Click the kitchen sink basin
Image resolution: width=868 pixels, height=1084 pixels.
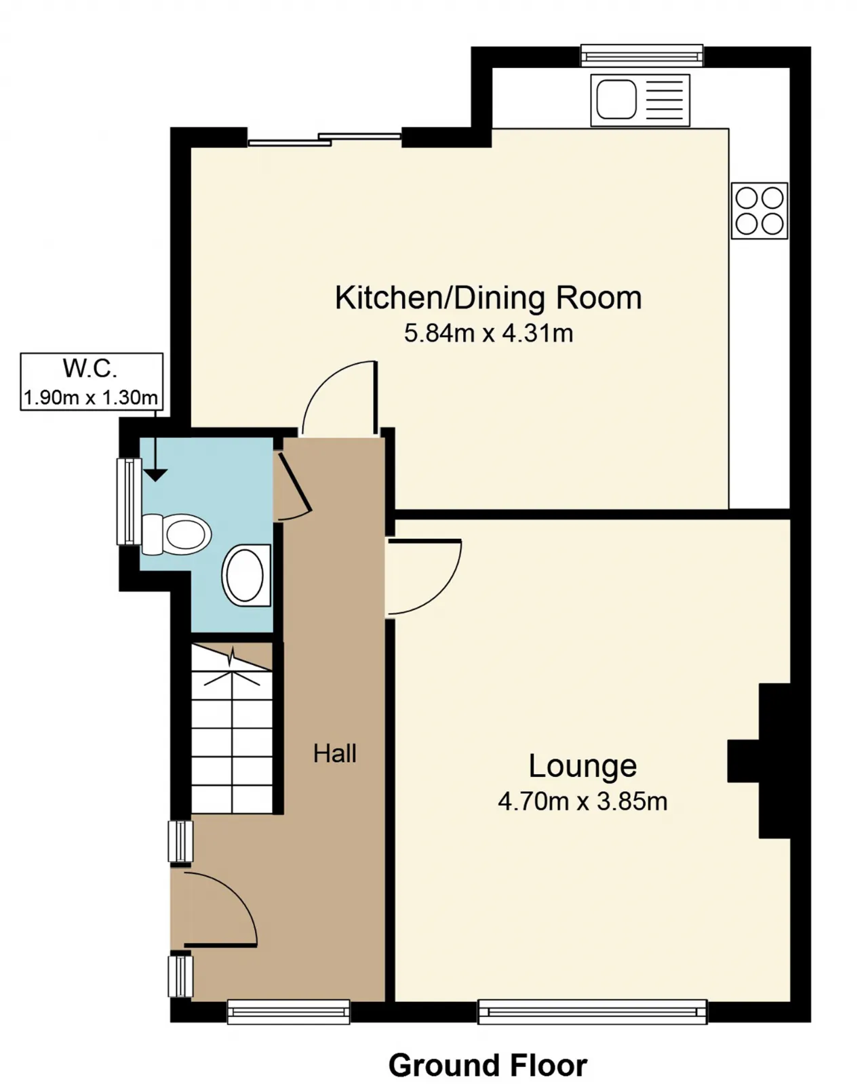coord(616,99)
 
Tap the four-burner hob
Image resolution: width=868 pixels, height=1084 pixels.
coord(759,211)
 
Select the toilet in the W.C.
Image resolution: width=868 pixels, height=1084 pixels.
coord(176,534)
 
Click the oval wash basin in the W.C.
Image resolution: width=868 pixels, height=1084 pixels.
coord(245,575)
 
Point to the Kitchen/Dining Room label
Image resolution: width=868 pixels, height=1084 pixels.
coord(488,298)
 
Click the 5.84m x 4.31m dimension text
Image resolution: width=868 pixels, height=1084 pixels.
coord(488,334)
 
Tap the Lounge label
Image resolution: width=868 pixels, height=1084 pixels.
coord(583,766)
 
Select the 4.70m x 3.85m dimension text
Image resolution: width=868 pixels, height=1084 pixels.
coord(583,801)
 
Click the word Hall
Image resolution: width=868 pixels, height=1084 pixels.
coord(335,754)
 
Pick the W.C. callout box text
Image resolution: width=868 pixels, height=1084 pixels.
coord(91,382)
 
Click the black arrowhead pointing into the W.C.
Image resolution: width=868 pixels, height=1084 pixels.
coord(156,475)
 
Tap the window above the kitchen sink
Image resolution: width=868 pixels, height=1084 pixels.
coord(642,56)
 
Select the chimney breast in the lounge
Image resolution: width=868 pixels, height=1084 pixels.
coord(759,761)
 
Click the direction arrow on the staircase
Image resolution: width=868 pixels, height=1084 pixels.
coord(231,666)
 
